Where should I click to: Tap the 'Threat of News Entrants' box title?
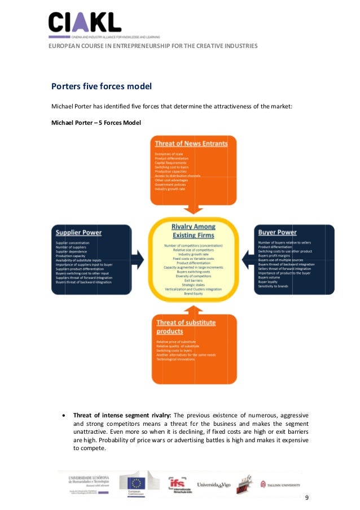(x=191, y=143)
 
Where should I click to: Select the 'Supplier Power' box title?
(x=78, y=232)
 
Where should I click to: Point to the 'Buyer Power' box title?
(x=277, y=232)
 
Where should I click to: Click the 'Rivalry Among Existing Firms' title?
(x=194, y=230)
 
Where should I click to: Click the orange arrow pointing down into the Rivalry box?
(x=194, y=210)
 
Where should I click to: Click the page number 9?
(x=306, y=497)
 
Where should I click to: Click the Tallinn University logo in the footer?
(x=280, y=484)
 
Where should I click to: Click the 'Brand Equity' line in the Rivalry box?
(x=194, y=294)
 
